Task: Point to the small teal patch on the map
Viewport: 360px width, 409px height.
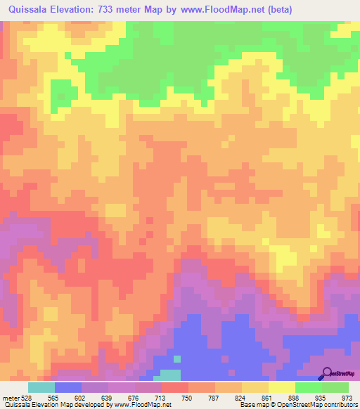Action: [x=169, y=375]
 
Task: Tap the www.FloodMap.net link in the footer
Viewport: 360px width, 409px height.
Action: [x=147, y=404]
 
